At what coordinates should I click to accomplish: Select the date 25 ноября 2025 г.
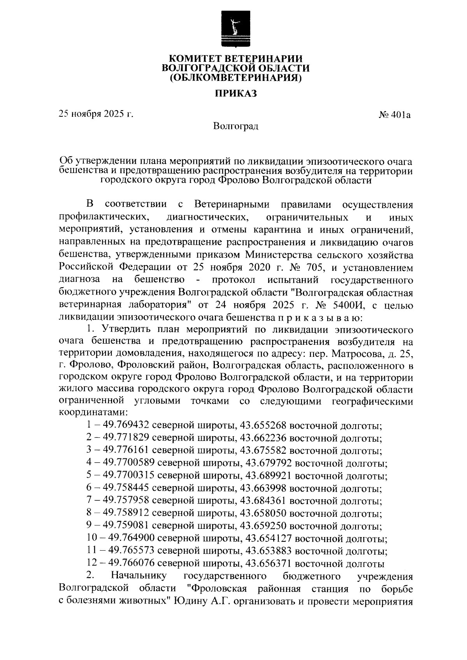[96, 114]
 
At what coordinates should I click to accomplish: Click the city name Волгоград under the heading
[235, 126]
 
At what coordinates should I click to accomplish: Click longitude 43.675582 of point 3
[264, 451]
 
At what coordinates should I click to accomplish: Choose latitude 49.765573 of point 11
[132, 552]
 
